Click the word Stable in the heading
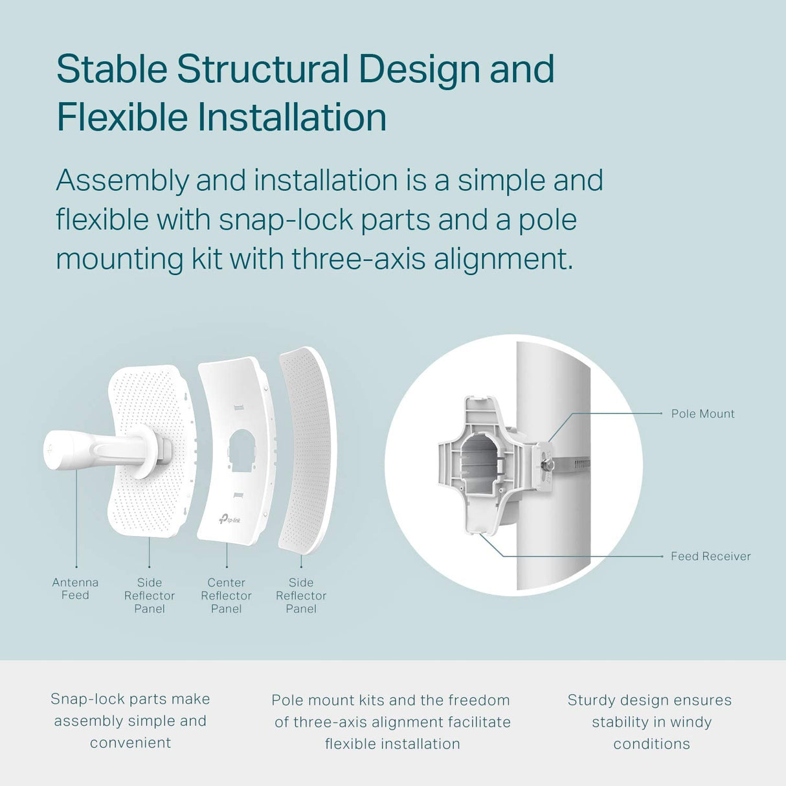coord(112,69)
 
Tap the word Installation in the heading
coord(291,117)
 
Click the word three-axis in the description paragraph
coord(359,259)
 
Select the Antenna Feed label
coord(75,589)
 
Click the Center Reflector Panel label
coord(226,596)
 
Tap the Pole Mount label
coord(702,414)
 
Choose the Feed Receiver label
coord(710,556)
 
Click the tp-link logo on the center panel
coord(230,519)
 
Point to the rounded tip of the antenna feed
coord(53,450)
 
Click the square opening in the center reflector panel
coord(243,451)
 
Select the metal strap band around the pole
coord(571,464)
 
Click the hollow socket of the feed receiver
coord(480,463)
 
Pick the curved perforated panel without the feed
coord(307,451)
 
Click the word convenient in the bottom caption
coord(131,743)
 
